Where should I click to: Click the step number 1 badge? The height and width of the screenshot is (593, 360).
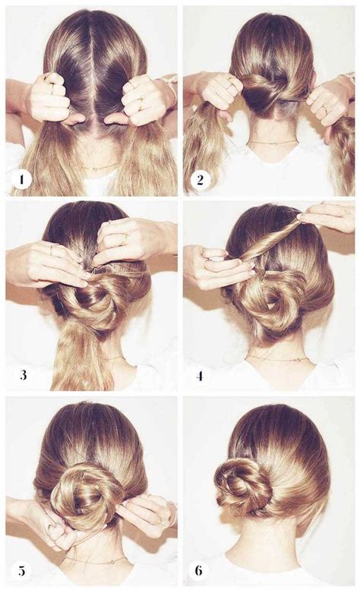21,179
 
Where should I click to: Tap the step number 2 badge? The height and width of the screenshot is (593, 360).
200,179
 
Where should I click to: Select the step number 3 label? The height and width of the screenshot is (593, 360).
24,375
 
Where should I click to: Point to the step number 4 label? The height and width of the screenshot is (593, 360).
200,376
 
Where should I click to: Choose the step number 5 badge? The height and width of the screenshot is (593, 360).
21,570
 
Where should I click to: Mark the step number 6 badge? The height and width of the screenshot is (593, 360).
199,570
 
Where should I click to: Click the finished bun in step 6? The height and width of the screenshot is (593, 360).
243,490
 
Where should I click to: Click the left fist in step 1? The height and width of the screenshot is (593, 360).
54,99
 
